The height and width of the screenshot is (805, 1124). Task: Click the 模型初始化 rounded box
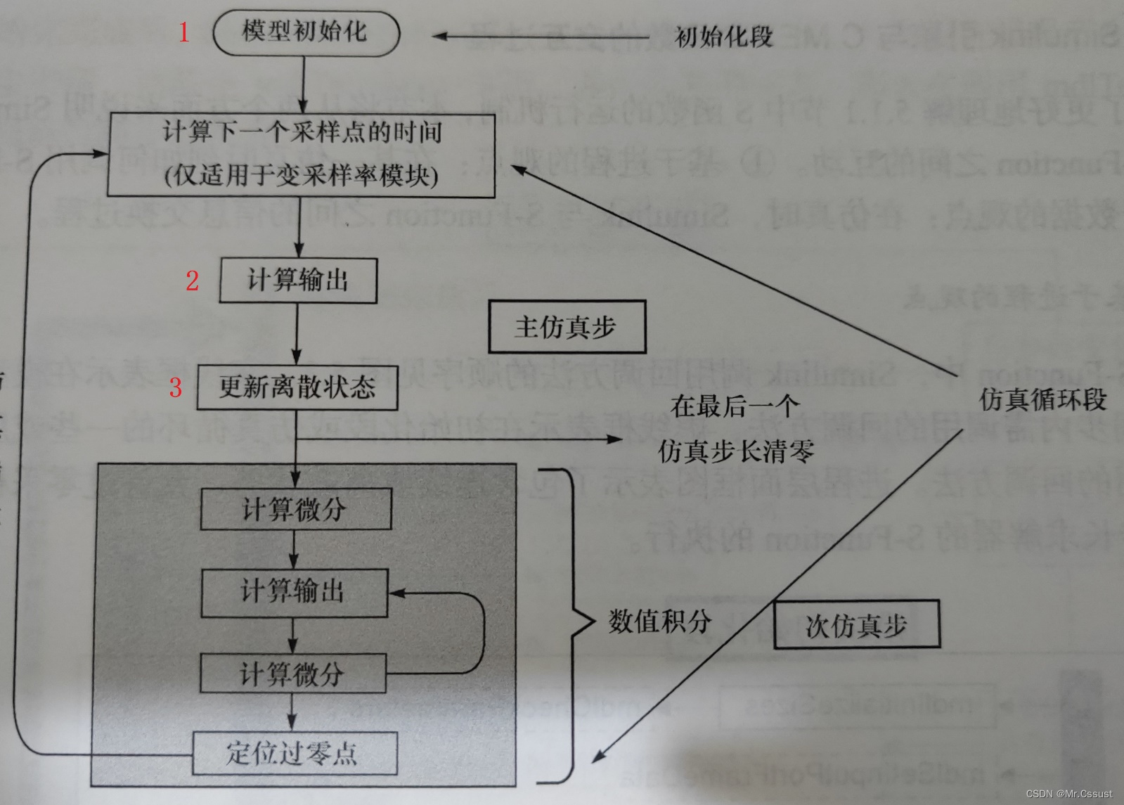306,32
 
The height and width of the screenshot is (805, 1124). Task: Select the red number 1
183,32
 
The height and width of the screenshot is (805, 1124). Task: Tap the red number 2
192,281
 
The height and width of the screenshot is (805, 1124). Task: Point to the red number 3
175,387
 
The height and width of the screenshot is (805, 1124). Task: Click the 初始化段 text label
723,37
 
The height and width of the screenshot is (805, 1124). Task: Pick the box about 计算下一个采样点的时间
302,155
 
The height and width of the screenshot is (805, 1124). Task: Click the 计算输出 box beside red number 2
298,281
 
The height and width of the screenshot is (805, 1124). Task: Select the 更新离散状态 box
297,387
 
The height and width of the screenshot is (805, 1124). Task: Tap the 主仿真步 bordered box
567,327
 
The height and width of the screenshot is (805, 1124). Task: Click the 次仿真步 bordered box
856,625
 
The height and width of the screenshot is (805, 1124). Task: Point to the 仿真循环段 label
1042,400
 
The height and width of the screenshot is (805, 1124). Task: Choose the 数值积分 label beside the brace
659,622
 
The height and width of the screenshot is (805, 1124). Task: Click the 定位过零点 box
295,754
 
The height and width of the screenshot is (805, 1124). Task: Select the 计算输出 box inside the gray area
294,592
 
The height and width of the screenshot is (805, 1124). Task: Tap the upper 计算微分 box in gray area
295,509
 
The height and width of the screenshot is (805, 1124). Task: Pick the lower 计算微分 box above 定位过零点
293,674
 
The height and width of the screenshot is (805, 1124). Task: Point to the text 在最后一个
735,406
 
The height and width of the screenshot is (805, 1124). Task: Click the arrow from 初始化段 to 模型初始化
541,37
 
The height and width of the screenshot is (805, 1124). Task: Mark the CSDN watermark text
1068,794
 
